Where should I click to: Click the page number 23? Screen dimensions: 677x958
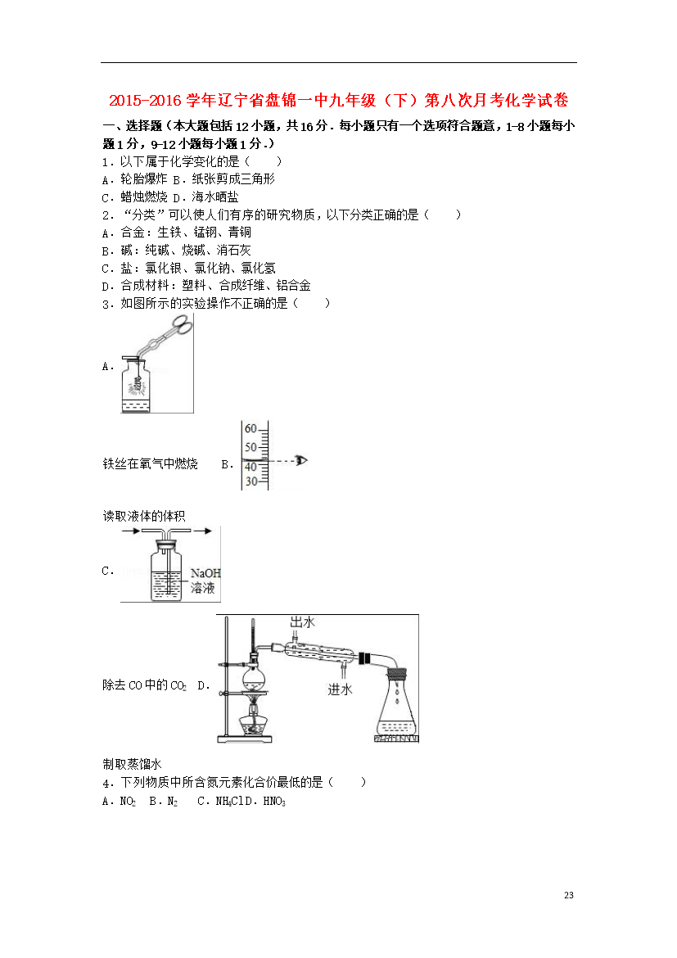click(x=569, y=895)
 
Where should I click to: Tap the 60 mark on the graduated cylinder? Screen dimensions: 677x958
click(x=250, y=429)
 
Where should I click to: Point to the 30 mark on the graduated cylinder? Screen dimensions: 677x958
click(x=251, y=481)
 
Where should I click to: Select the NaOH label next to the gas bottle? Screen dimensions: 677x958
click(x=205, y=573)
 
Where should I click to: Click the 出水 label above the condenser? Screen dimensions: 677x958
click(x=302, y=622)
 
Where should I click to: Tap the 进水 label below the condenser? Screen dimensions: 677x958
click(x=340, y=689)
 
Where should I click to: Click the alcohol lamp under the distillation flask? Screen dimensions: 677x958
click(x=254, y=720)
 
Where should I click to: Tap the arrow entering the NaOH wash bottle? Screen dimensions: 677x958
click(x=132, y=531)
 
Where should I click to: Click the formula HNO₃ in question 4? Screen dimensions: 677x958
click(x=274, y=801)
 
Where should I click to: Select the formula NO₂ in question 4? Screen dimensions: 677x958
click(x=128, y=801)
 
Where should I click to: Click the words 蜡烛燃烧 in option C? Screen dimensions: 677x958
click(x=143, y=197)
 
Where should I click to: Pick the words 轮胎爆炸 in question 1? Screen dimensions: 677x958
click(x=143, y=179)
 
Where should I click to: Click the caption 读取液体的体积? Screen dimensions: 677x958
click(x=143, y=517)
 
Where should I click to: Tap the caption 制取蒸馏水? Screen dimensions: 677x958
click(x=132, y=764)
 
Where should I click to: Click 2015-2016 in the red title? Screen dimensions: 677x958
click(x=146, y=100)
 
